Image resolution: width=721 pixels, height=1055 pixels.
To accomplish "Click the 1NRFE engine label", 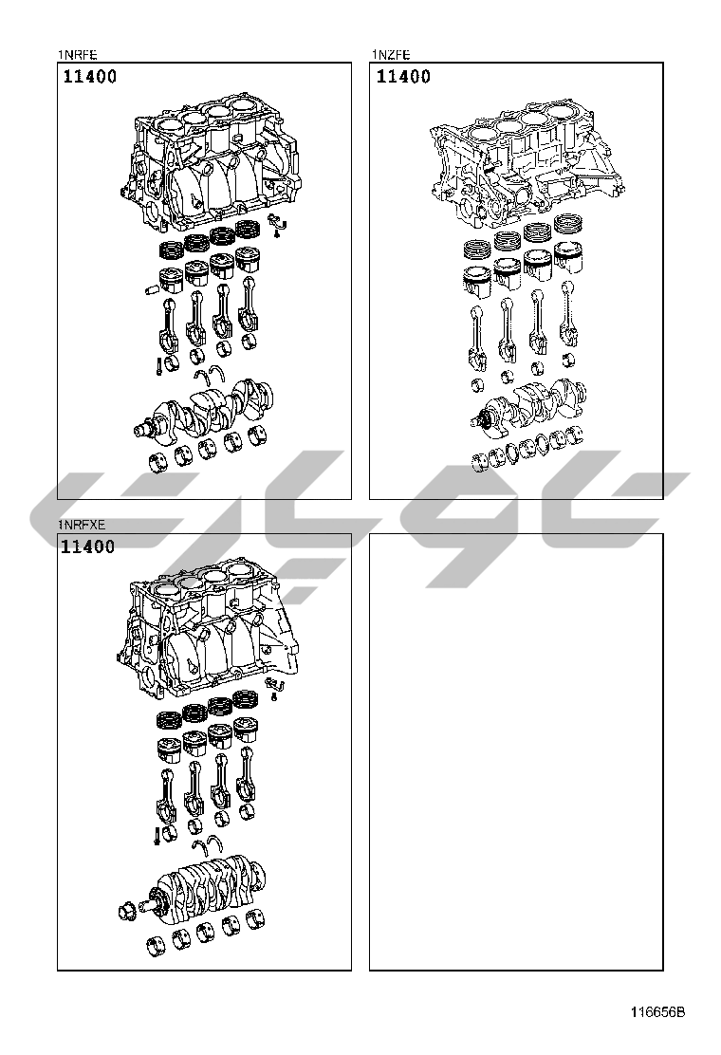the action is [78, 55].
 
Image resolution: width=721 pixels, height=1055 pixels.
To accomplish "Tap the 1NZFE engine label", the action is [390, 55].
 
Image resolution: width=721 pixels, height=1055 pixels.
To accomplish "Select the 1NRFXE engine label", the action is [82, 525].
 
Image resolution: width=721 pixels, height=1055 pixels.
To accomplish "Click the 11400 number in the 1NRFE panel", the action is [90, 77].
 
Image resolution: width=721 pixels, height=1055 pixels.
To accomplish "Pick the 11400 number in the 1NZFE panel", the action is [403, 77].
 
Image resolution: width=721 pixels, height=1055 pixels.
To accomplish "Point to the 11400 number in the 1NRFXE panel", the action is [88, 547].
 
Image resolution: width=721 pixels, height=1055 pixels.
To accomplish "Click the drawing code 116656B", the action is [657, 1012].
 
